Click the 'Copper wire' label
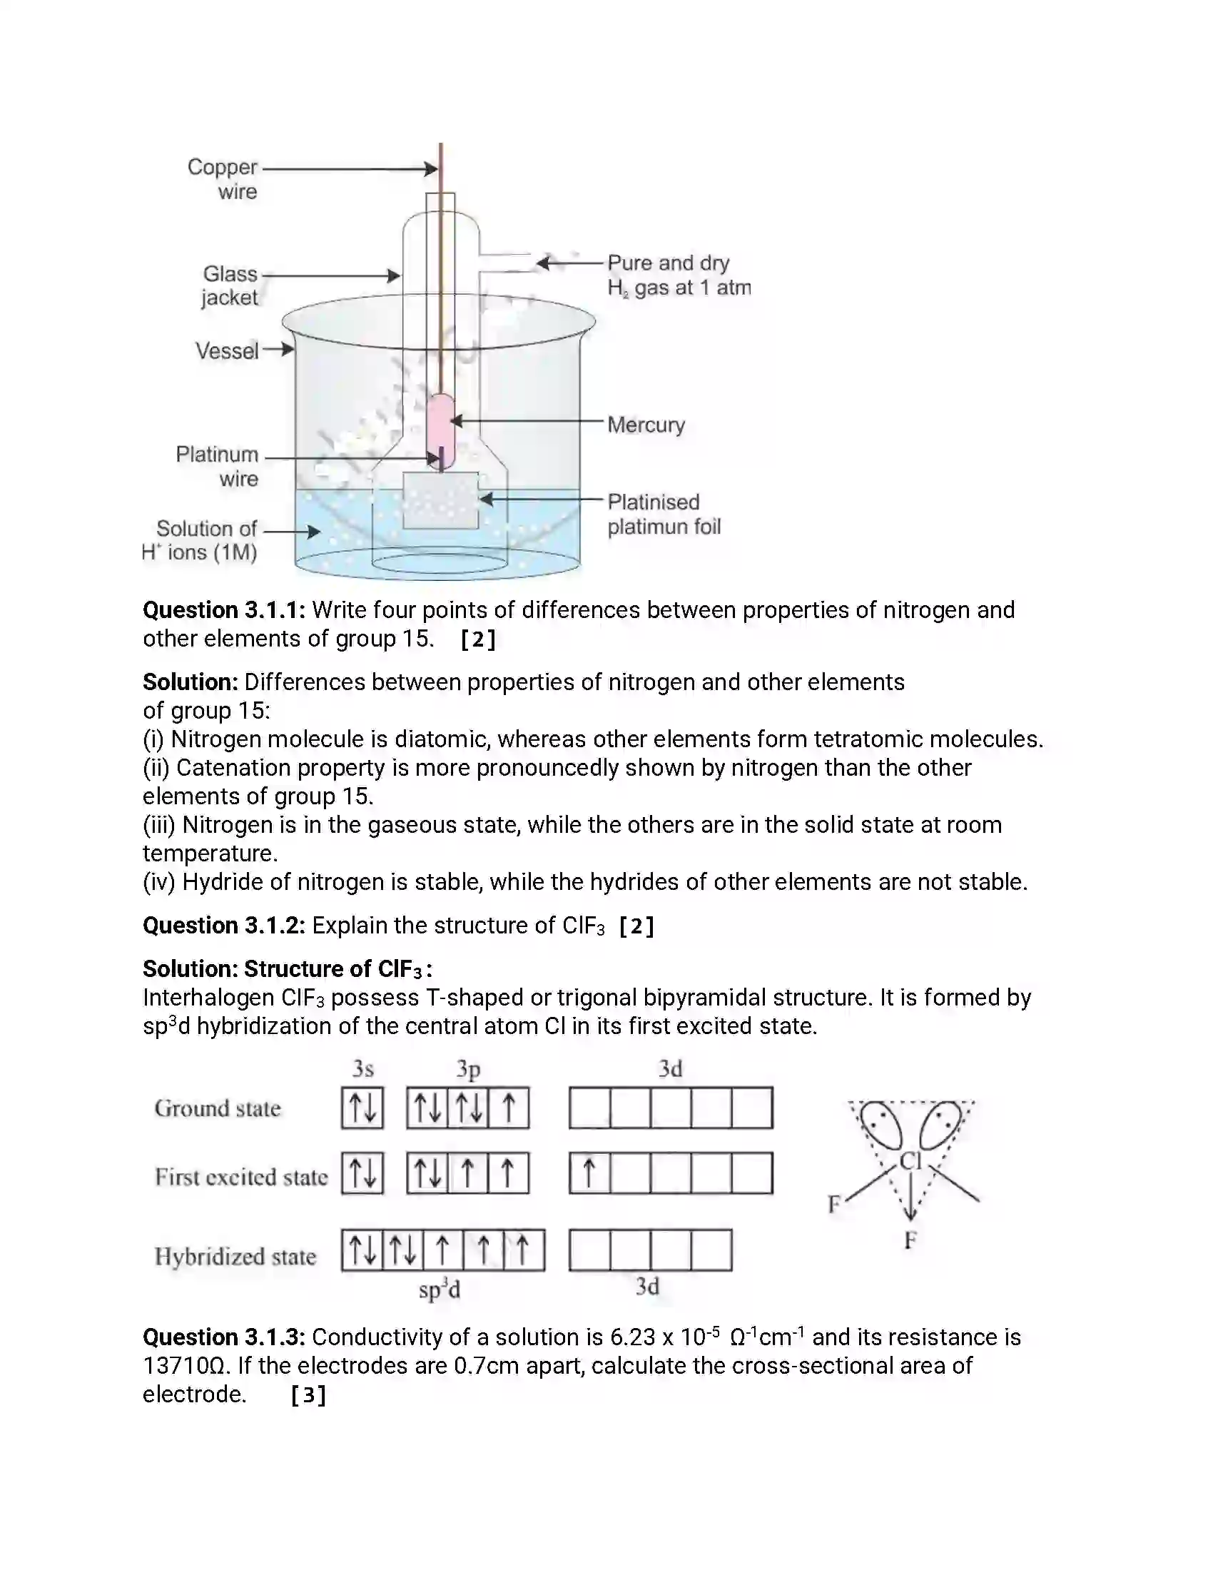pyautogui.click(x=222, y=179)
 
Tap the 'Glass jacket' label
pyautogui.click(x=229, y=285)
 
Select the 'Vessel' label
pyautogui.click(x=227, y=351)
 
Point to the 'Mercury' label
pyautogui.click(x=645, y=425)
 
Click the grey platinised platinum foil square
pyautogui.click(x=440, y=500)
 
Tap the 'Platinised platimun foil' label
pyautogui.click(x=663, y=514)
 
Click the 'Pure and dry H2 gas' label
pyautogui.click(x=678, y=275)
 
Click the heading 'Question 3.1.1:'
pyautogui.click(x=223, y=610)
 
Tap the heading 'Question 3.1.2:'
pyautogui.click(x=223, y=925)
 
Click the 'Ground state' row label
pyautogui.click(x=217, y=1108)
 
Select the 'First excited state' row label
pyautogui.click(x=240, y=1177)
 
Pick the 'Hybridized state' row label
pyautogui.click(x=235, y=1256)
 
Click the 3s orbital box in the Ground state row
pyautogui.click(x=362, y=1108)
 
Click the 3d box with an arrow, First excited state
pyautogui.click(x=589, y=1173)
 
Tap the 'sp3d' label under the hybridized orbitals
pyautogui.click(x=439, y=1290)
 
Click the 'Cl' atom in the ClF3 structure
pyautogui.click(x=910, y=1161)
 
